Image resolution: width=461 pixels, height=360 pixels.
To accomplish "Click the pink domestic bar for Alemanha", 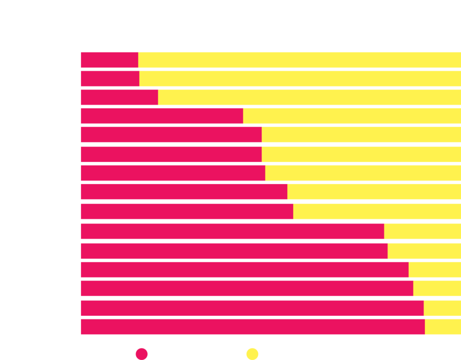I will (109, 60).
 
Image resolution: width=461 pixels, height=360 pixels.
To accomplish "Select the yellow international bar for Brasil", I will (443, 327).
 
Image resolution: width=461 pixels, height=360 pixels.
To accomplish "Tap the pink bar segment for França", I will (119, 97).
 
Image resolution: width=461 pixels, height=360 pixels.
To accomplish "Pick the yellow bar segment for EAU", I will (422, 231).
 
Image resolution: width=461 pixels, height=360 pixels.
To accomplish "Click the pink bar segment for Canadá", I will (162, 116).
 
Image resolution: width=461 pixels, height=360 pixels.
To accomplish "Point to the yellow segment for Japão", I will (442, 308).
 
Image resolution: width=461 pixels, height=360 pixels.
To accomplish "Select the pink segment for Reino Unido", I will (110, 79).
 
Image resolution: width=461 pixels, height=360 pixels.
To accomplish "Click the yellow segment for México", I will (437, 288).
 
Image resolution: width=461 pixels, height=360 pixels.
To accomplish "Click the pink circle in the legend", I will (142, 354).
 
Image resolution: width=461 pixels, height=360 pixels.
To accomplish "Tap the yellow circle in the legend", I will (252, 354).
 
